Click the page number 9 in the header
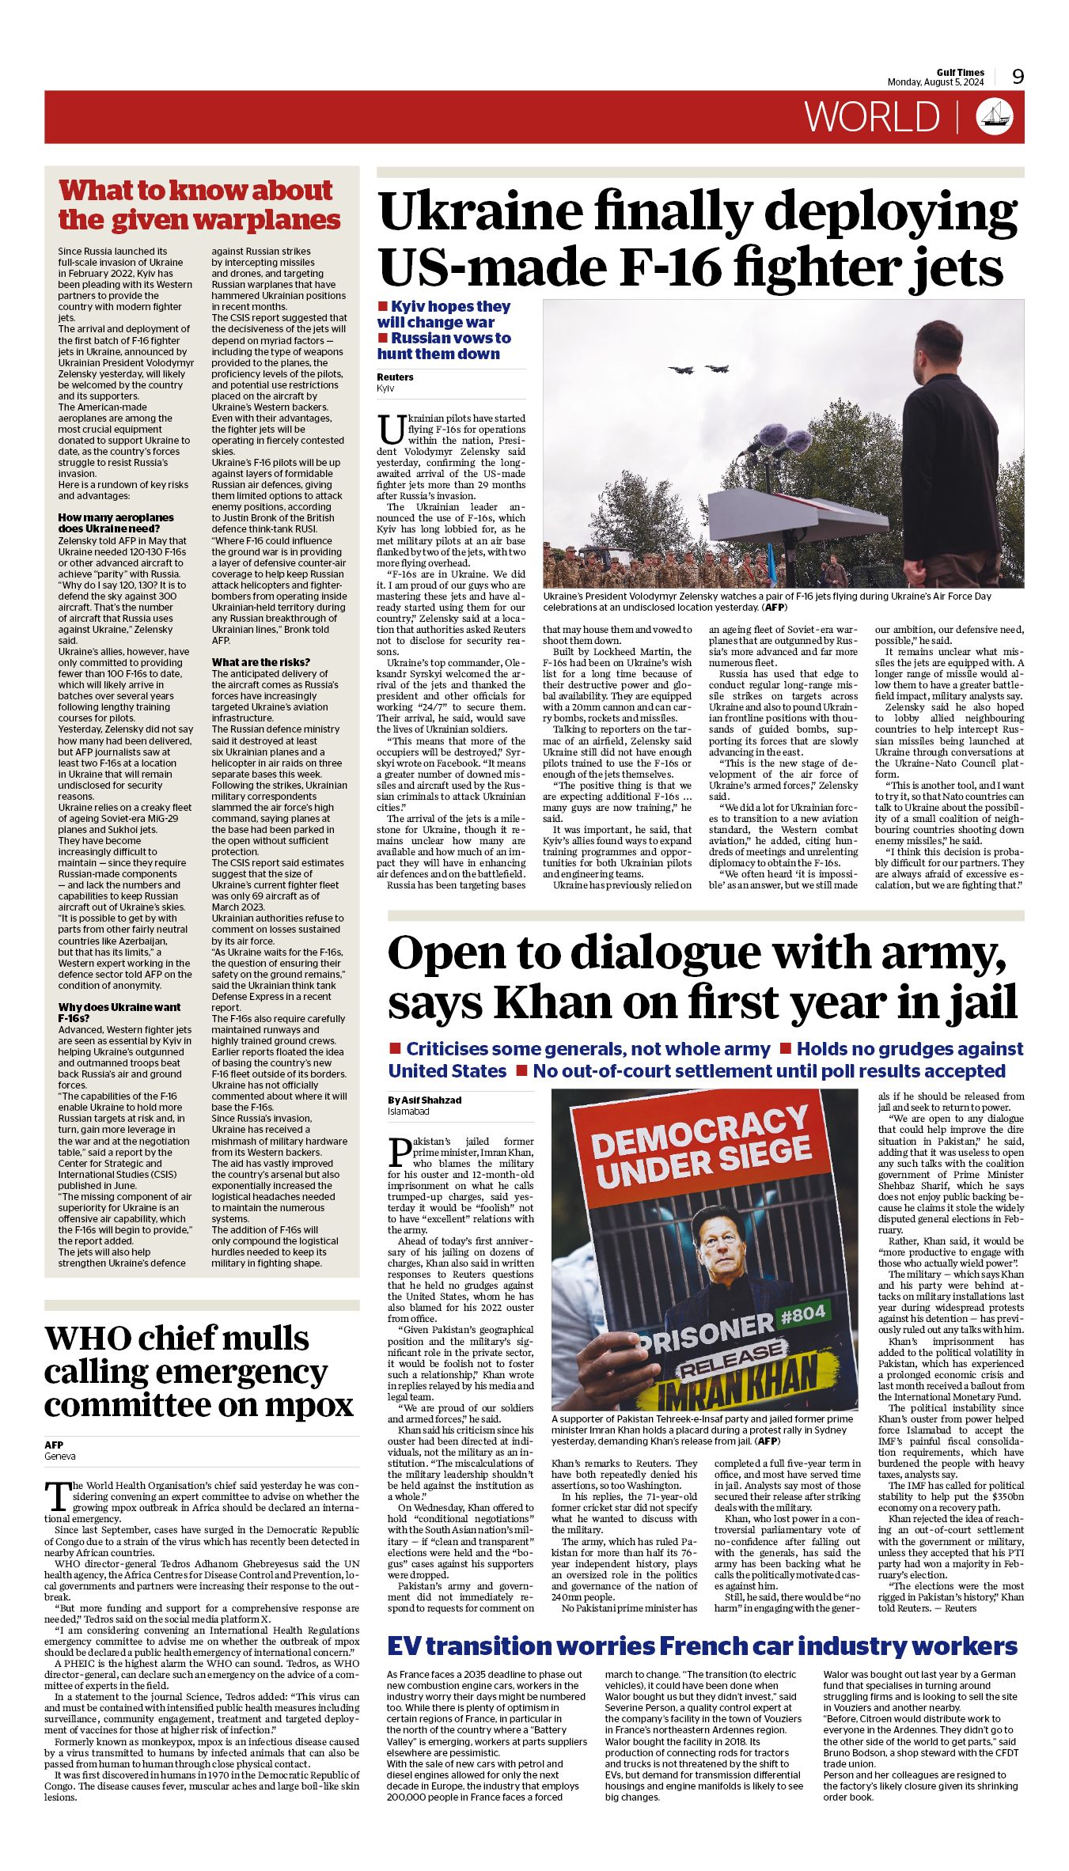(x=1018, y=76)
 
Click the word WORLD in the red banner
(x=872, y=117)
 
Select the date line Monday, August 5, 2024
(x=935, y=82)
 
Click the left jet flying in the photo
(x=681, y=369)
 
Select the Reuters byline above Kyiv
(x=395, y=377)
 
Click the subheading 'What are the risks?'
(x=260, y=662)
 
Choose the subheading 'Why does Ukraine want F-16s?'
(x=119, y=1013)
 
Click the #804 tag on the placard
(x=802, y=1314)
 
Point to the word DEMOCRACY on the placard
(x=701, y=1133)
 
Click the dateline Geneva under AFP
(x=60, y=1456)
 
